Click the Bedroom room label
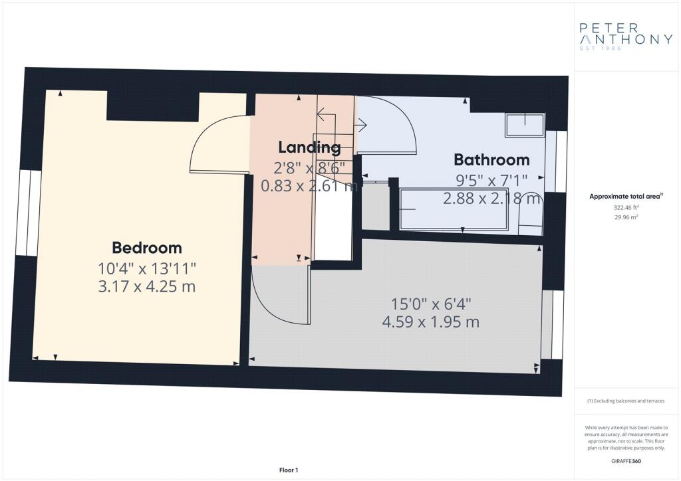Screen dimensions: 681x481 [x=147, y=248]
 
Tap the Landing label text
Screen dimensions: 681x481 [x=309, y=147]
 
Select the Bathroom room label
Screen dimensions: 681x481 [x=491, y=159]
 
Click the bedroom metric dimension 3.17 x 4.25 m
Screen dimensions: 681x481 [x=147, y=287]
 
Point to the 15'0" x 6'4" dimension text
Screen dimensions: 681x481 [x=431, y=304]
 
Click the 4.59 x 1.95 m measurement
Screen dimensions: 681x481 [x=431, y=322]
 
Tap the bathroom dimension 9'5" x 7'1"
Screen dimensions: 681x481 [x=491, y=179]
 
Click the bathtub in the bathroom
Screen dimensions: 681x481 [x=454, y=209]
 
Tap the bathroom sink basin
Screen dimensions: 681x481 [x=525, y=125]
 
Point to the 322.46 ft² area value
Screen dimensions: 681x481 [x=626, y=208]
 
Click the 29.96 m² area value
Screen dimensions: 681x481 [x=626, y=217]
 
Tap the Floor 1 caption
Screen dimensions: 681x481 [x=289, y=470]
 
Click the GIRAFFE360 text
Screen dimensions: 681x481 [x=626, y=461]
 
